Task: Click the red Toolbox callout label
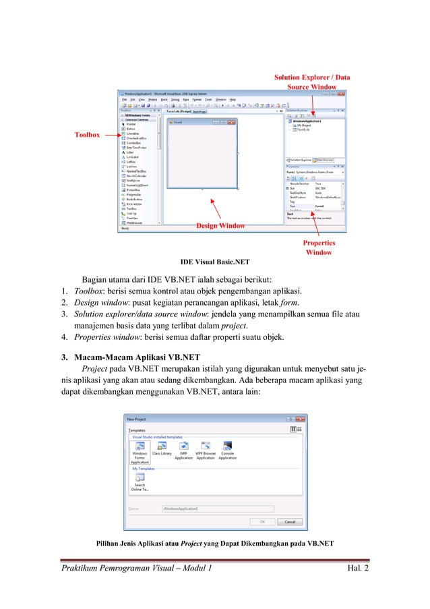coord(87,135)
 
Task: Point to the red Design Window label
coord(220,225)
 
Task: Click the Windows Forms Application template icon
coord(140,446)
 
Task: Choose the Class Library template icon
coord(162,446)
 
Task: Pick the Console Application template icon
coord(228,446)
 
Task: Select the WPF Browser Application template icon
coord(206,446)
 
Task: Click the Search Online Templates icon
coord(140,477)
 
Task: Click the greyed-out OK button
coord(262,521)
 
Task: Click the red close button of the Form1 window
coord(233,122)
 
